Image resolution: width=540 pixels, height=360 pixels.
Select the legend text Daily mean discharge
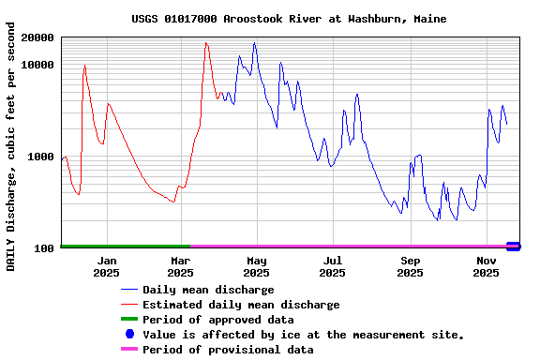click(x=208, y=290)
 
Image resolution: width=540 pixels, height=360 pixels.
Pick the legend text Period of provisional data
click(x=228, y=350)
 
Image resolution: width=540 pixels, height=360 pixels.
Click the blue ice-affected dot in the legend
click(x=129, y=334)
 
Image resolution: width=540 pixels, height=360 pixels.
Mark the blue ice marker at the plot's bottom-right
click(x=513, y=247)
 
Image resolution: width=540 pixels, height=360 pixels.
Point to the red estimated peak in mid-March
click(x=206, y=43)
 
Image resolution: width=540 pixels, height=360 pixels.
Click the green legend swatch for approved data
click(x=129, y=320)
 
